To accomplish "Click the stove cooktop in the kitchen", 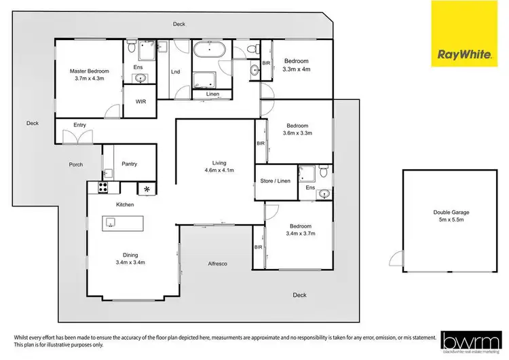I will tap(105, 187).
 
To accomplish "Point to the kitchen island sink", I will tap(110, 222).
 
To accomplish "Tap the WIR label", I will tap(141, 102).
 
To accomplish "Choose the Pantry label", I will tap(129, 164).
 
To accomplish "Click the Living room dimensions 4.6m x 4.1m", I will tap(219, 170).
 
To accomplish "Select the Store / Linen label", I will tap(276, 181).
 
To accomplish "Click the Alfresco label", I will tap(218, 263).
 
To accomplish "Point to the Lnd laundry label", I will tap(175, 71).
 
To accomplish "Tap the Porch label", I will tap(75, 165).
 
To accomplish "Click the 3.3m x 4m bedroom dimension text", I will tap(297, 68).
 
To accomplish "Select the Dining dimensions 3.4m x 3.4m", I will tap(131, 262).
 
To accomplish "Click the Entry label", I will tap(80, 124).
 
